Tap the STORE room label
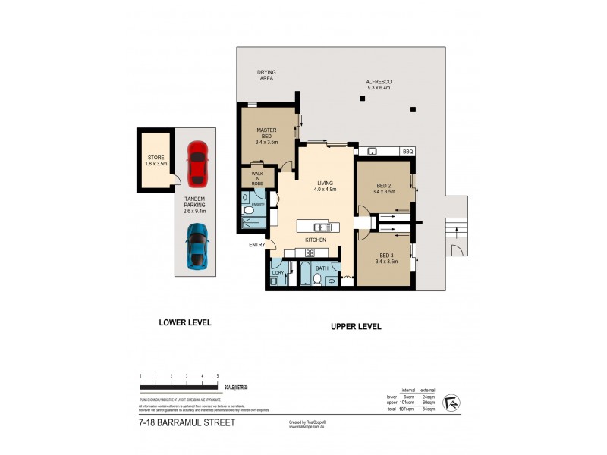coord(156,160)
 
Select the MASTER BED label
coord(267,136)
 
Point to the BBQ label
coord(407,152)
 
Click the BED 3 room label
coord(385,258)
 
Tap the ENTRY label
coord(256,244)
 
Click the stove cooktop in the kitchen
coord(310,253)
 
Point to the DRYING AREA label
coord(266,75)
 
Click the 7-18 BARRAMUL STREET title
coord(187,423)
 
